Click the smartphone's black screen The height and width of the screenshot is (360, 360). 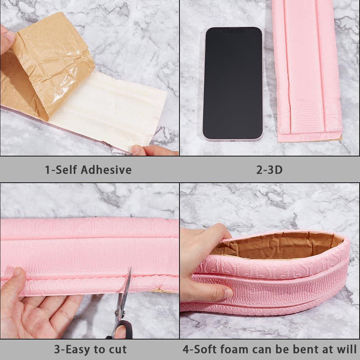click(233, 83)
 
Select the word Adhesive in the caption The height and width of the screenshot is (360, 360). click(106, 170)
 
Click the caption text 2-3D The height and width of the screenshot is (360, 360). click(269, 170)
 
